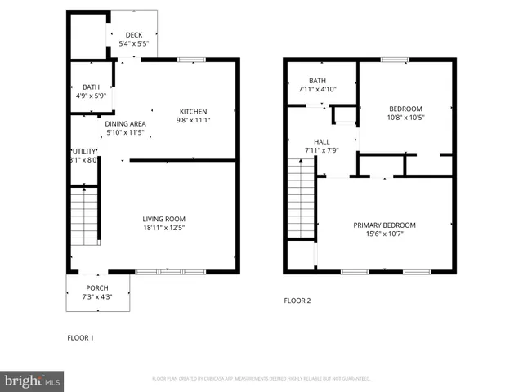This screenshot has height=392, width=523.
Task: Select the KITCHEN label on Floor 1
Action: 194,112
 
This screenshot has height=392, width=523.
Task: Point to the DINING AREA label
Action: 125,123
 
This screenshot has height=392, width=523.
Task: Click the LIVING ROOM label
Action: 164,219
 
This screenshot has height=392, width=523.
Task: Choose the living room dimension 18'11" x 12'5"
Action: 164,228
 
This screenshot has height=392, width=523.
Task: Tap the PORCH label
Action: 97,288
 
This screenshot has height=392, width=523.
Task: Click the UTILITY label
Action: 83,151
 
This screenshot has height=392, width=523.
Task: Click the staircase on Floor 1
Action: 84,216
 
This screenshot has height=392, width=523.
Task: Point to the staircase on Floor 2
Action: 302,199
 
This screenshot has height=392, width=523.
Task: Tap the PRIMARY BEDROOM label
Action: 384,225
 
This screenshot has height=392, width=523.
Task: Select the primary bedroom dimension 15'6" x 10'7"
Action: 384,234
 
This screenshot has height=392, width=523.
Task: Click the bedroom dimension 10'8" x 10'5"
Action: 406,118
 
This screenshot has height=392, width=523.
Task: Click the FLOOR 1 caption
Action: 80,336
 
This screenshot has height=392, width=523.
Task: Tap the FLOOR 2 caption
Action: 297,301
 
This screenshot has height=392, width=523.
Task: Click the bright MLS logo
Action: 33,380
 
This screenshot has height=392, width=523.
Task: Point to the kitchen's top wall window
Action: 192,59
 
